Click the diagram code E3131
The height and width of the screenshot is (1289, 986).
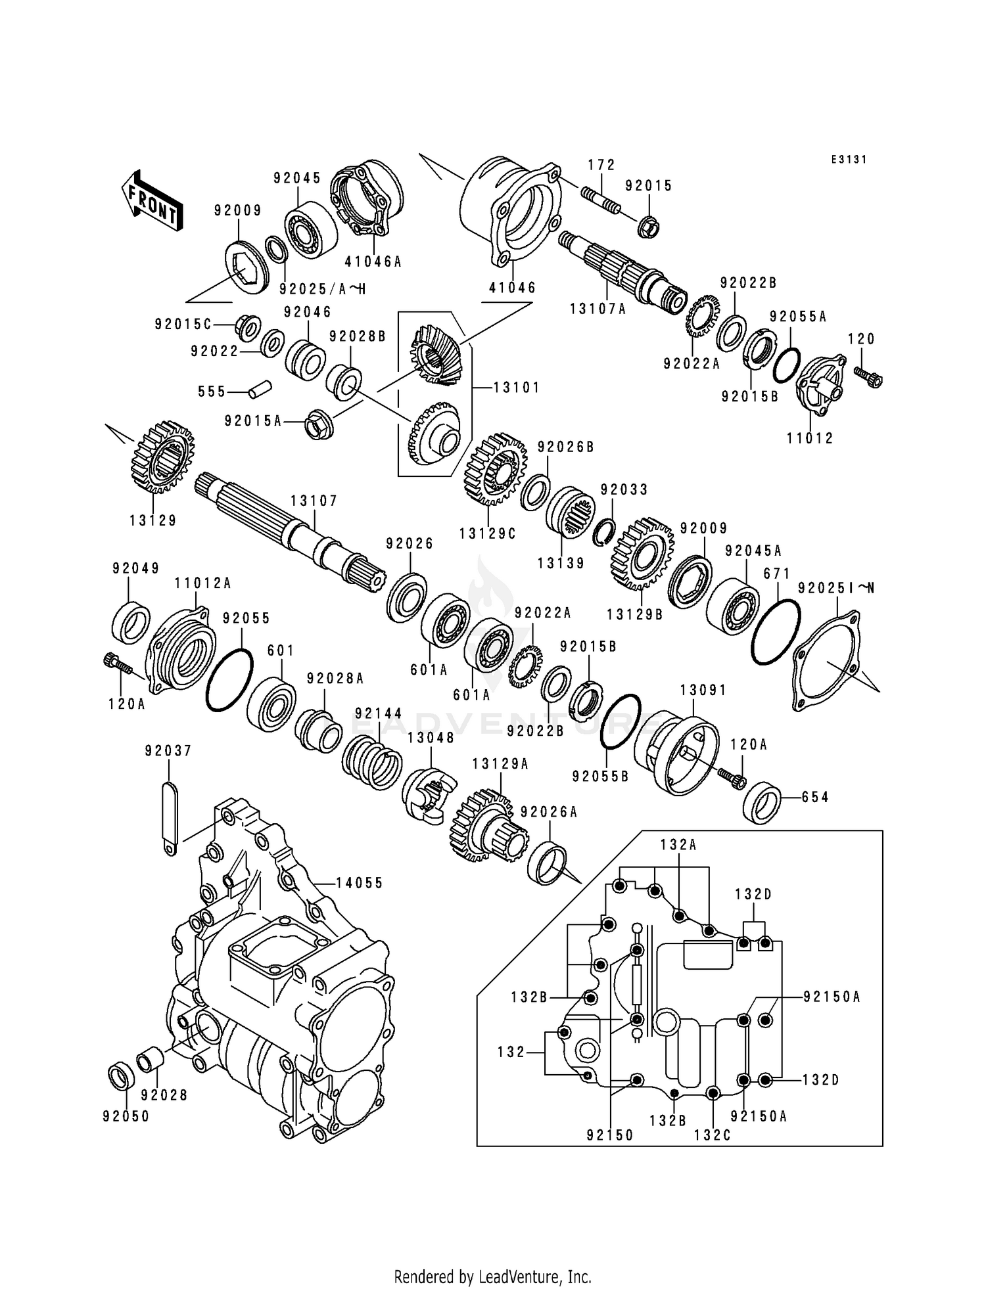coord(849,160)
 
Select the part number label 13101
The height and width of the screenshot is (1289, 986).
coord(516,388)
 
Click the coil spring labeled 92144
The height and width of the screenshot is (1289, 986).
coord(372,762)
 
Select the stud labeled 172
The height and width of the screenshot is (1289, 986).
coord(599,200)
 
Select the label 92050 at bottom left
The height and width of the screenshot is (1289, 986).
coord(126,1116)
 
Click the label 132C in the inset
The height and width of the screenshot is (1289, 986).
coord(713,1135)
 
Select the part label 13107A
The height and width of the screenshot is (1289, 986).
coord(598,308)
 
